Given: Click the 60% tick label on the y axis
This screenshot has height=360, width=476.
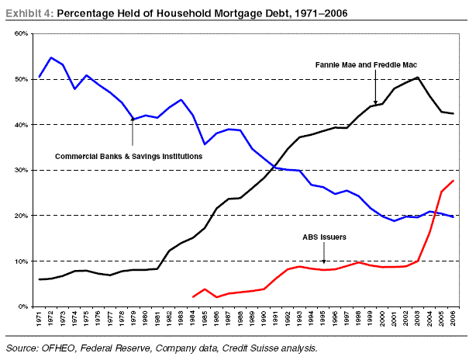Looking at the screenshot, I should [x=20, y=34].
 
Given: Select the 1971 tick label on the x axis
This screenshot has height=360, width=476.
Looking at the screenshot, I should [x=40, y=318].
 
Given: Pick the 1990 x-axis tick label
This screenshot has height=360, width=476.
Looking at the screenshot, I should [x=264, y=318].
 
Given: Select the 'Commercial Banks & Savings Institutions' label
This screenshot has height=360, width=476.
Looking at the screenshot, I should [x=129, y=156].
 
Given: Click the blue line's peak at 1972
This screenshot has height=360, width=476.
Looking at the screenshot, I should [x=51, y=57].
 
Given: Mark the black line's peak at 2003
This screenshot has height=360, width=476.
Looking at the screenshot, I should [x=419, y=77].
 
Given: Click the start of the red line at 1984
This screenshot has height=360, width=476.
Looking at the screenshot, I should [x=193, y=296].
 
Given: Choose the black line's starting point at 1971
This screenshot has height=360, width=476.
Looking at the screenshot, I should [x=40, y=279].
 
